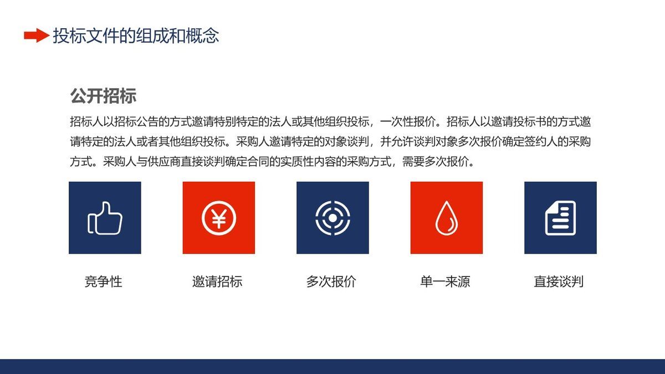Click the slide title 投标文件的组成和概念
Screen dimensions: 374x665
click(x=136, y=36)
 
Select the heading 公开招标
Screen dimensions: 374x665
click(x=103, y=96)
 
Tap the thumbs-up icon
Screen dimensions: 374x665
click(x=105, y=218)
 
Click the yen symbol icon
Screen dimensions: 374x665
click(x=219, y=218)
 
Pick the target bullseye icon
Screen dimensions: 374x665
click(x=332, y=218)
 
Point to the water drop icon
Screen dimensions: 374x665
click(x=446, y=218)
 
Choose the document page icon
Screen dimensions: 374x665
click(x=560, y=218)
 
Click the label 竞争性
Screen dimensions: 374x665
click(x=104, y=281)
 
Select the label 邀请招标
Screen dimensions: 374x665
click(x=217, y=281)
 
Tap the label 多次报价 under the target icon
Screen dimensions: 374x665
click(x=331, y=281)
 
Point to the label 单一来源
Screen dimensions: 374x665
click(x=445, y=281)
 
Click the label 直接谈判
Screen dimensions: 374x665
click(x=559, y=281)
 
